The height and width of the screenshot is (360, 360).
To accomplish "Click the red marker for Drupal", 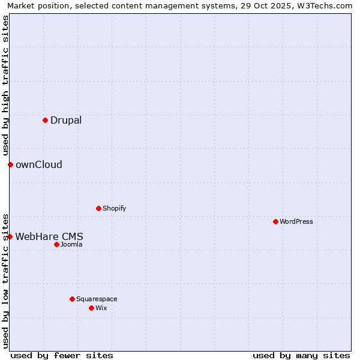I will point(45,120).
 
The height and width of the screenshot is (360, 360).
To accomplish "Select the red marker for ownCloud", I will point(10,164).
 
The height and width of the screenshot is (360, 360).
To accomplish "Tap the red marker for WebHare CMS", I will point(10,236).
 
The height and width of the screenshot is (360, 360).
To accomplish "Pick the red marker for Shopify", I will point(98,208).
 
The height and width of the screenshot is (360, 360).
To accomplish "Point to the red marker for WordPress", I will point(275,221).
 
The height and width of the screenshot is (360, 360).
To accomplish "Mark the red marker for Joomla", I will point(56,244).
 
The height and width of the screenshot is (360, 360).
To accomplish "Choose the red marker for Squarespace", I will point(72,299).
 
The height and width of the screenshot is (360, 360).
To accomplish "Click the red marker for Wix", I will point(91,308).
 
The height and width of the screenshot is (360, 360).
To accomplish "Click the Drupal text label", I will point(66,120).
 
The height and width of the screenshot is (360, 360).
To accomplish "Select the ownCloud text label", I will point(39,164).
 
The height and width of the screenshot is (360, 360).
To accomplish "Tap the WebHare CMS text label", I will point(49,236).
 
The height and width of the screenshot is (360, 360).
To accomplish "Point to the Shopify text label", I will point(114,208).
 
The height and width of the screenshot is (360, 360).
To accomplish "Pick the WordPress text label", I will point(296,221).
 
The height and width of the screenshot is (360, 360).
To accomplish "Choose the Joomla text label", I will point(71,244).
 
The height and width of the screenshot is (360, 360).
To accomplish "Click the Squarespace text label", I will point(97,299).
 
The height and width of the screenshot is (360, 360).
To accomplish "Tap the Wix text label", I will point(101,308).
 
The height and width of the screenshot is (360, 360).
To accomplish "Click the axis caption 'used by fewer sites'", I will point(62,355).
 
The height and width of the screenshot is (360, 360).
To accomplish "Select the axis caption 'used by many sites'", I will point(301,355).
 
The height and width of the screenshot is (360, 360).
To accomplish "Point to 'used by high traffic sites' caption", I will point(5,86).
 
